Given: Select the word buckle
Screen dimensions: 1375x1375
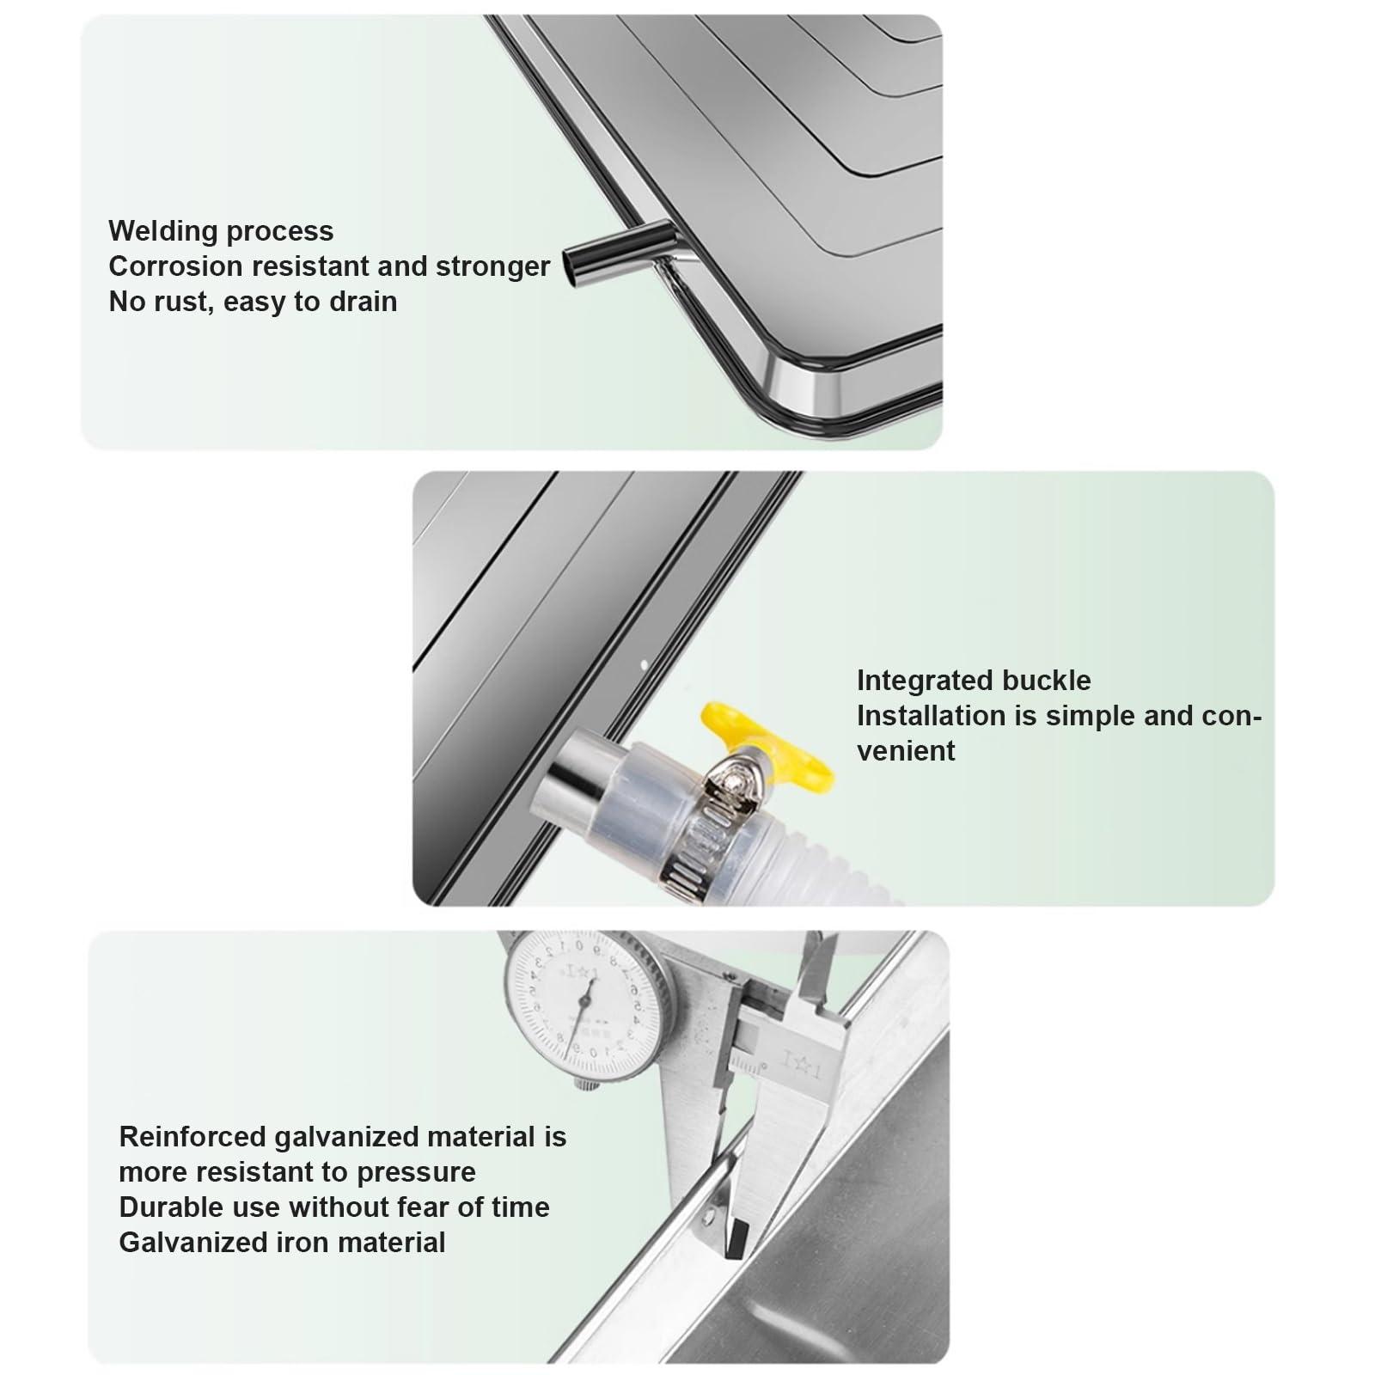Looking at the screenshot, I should point(1051,681).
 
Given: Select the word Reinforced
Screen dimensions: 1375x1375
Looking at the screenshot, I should point(192,1137).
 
